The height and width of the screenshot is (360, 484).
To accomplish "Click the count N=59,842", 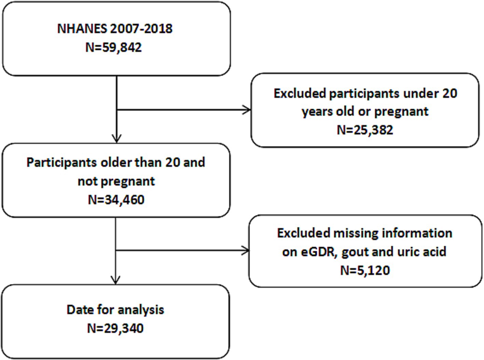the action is coord(113,47).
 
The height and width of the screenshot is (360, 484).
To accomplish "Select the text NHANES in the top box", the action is coord(82,29).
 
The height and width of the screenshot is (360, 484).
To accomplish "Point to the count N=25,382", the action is coord(365,130).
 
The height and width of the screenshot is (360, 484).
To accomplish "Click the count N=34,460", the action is coord(116,200).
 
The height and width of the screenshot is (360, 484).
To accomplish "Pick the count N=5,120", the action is coord(365,271).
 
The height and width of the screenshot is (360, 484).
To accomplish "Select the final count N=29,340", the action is coord(115,328).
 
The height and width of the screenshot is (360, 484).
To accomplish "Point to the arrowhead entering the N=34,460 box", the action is coord(116,139).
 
